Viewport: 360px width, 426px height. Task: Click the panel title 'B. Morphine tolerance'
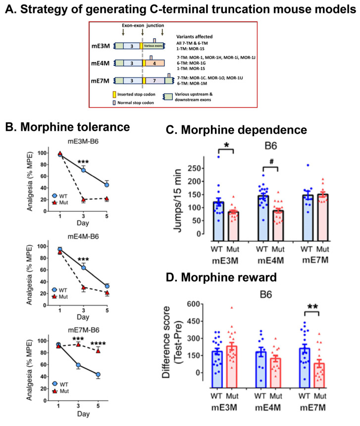[68, 126]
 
